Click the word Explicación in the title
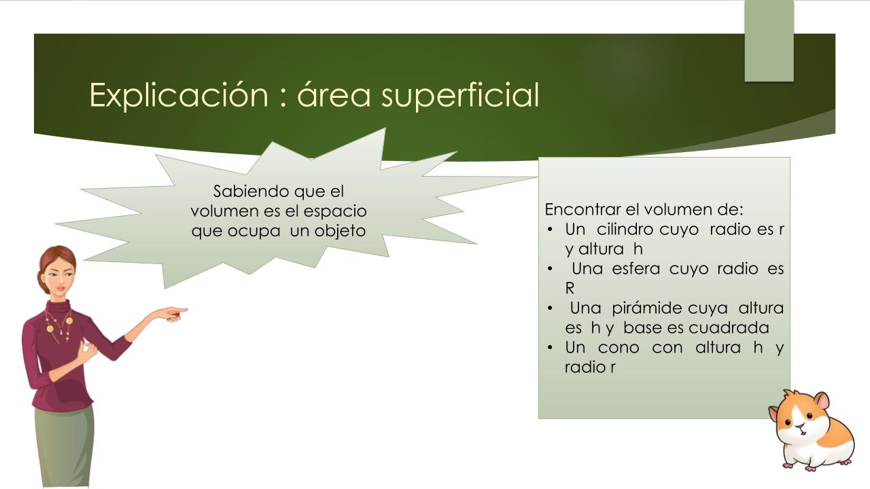[179, 95]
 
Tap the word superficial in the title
[460, 95]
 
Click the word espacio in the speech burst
[335, 212]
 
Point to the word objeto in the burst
[340, 232]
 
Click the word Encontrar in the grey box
[583, 210]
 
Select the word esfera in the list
[636, 268]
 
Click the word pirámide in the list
[646, 308]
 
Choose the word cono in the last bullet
[619, 348]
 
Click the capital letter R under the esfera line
[570, 289]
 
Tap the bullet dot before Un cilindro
[550, 230]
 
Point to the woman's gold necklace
[59, 326]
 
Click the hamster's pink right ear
[822, 401]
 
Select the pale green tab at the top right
[769, 41]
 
